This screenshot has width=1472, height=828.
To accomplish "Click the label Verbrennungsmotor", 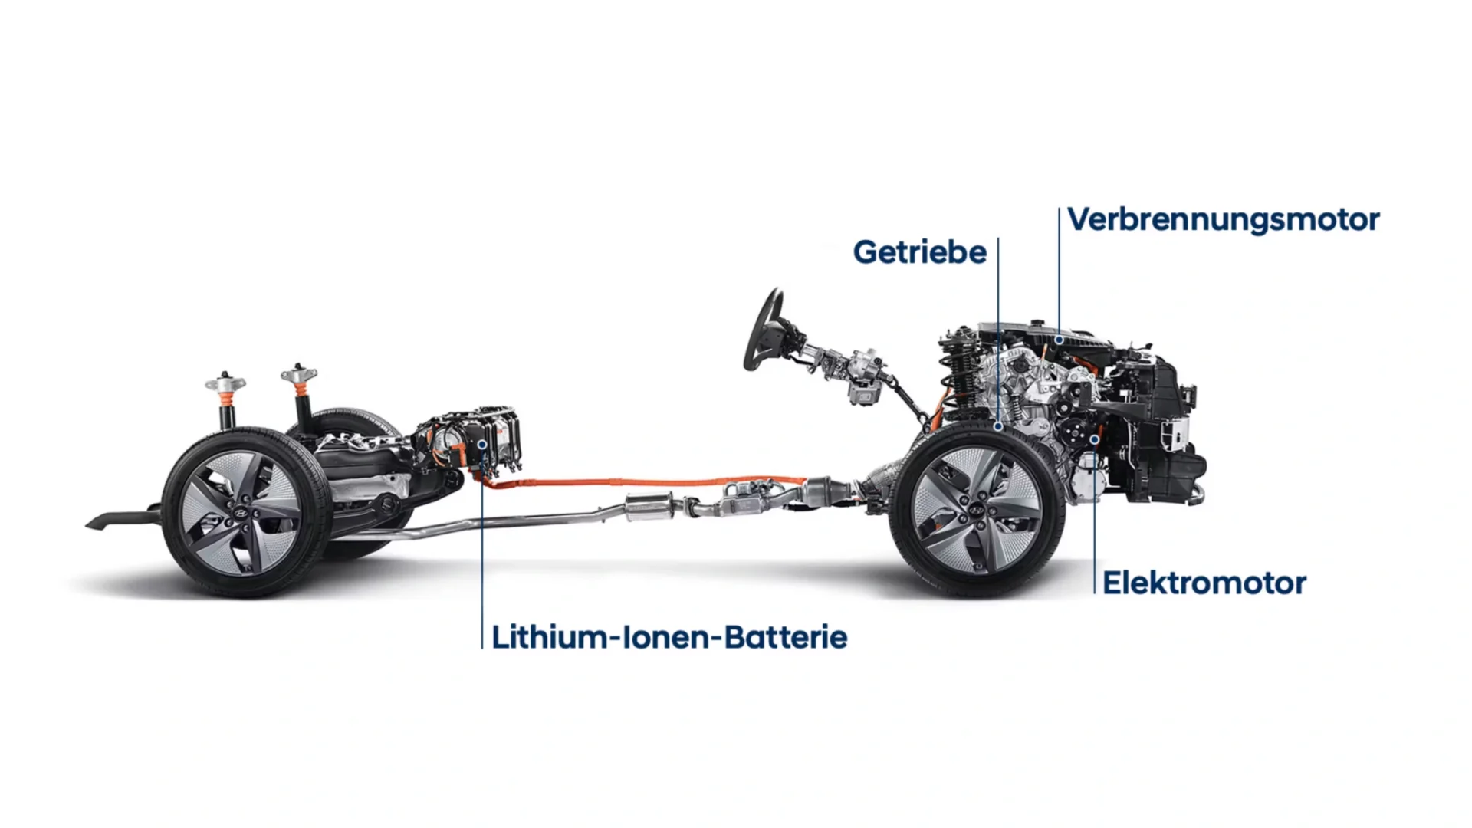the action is (1224, 220).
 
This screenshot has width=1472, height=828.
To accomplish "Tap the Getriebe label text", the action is (920, 252).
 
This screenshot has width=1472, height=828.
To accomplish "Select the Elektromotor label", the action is (1204, 583).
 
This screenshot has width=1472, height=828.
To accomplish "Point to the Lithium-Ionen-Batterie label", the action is (669, 637).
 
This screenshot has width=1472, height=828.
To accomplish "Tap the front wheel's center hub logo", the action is (977, 509).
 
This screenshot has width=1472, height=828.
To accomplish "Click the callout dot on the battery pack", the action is (481, 444).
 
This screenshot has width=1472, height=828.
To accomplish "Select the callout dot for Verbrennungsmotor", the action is (1059, 339).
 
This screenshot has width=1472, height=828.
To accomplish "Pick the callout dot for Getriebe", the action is (998, 426).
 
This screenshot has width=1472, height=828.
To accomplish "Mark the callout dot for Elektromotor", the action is (1094, 439).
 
